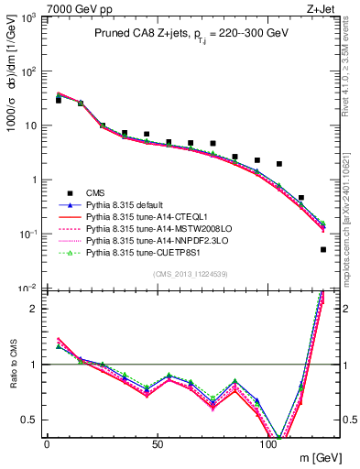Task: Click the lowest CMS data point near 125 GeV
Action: [x=323, y=249]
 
